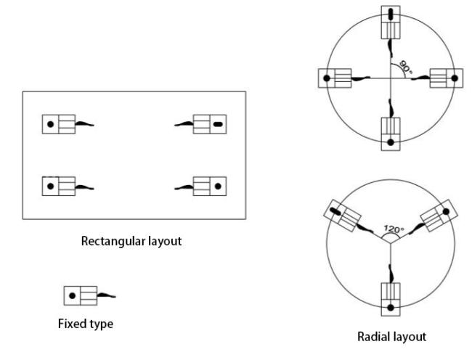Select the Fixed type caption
tap(85, 324)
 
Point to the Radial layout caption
tap(392, 336)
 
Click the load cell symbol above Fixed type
tap(80, 295)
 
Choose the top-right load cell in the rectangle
tap(211, 125)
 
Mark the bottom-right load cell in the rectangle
tap(211, 187)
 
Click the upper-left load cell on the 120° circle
tap(342, 216)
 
